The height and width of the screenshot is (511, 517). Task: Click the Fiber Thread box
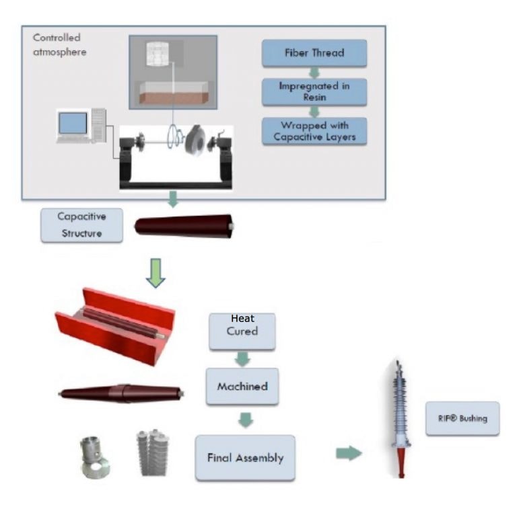314,53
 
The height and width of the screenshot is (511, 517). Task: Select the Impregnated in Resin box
314,92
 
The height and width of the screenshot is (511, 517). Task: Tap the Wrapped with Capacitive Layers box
314,130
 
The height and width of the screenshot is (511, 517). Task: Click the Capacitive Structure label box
82,225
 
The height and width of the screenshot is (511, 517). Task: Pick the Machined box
242,387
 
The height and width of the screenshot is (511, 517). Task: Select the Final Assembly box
245,457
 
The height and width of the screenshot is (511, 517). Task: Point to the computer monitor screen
73,122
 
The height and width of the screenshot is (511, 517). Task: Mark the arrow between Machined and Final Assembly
246,420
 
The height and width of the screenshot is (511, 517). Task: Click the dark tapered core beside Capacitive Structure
184,225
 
